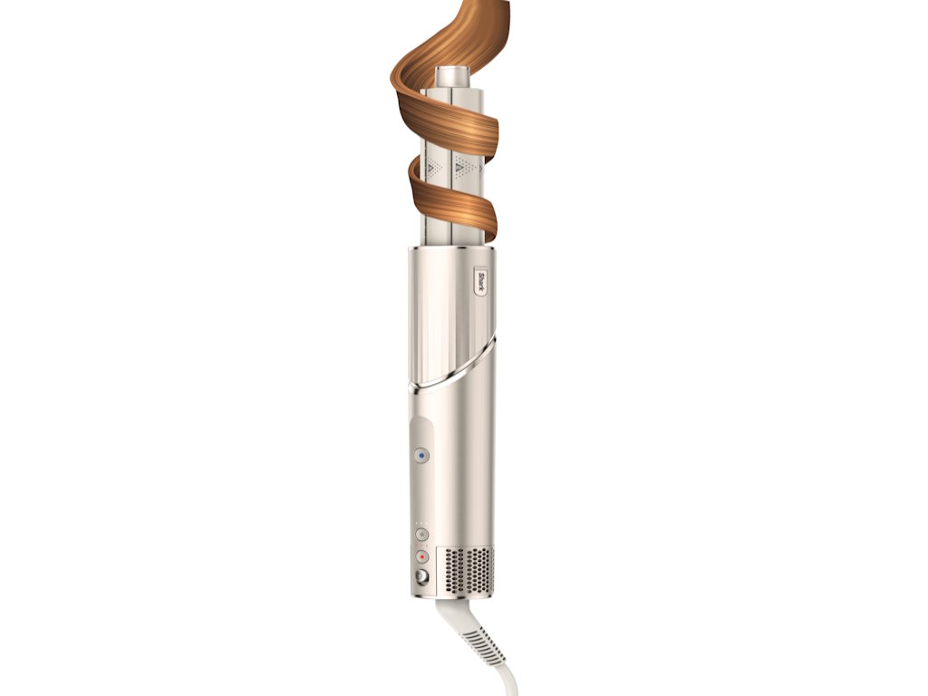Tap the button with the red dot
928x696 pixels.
point(421,557)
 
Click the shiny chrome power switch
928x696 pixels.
point(421,575)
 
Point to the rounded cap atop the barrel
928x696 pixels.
point(453,78)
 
